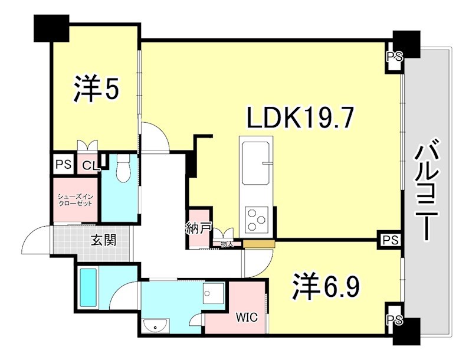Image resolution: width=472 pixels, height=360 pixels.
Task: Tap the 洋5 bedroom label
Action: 97,89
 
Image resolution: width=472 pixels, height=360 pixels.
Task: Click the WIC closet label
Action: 247,317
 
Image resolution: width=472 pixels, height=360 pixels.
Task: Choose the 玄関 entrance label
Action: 103,240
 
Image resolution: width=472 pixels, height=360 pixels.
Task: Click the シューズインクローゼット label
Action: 74,199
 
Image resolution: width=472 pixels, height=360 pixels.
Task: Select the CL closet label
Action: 89,165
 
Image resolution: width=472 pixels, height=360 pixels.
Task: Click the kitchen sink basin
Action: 256,160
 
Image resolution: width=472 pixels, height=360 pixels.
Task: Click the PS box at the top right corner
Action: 394,57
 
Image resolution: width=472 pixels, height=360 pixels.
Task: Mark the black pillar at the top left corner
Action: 51,28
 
